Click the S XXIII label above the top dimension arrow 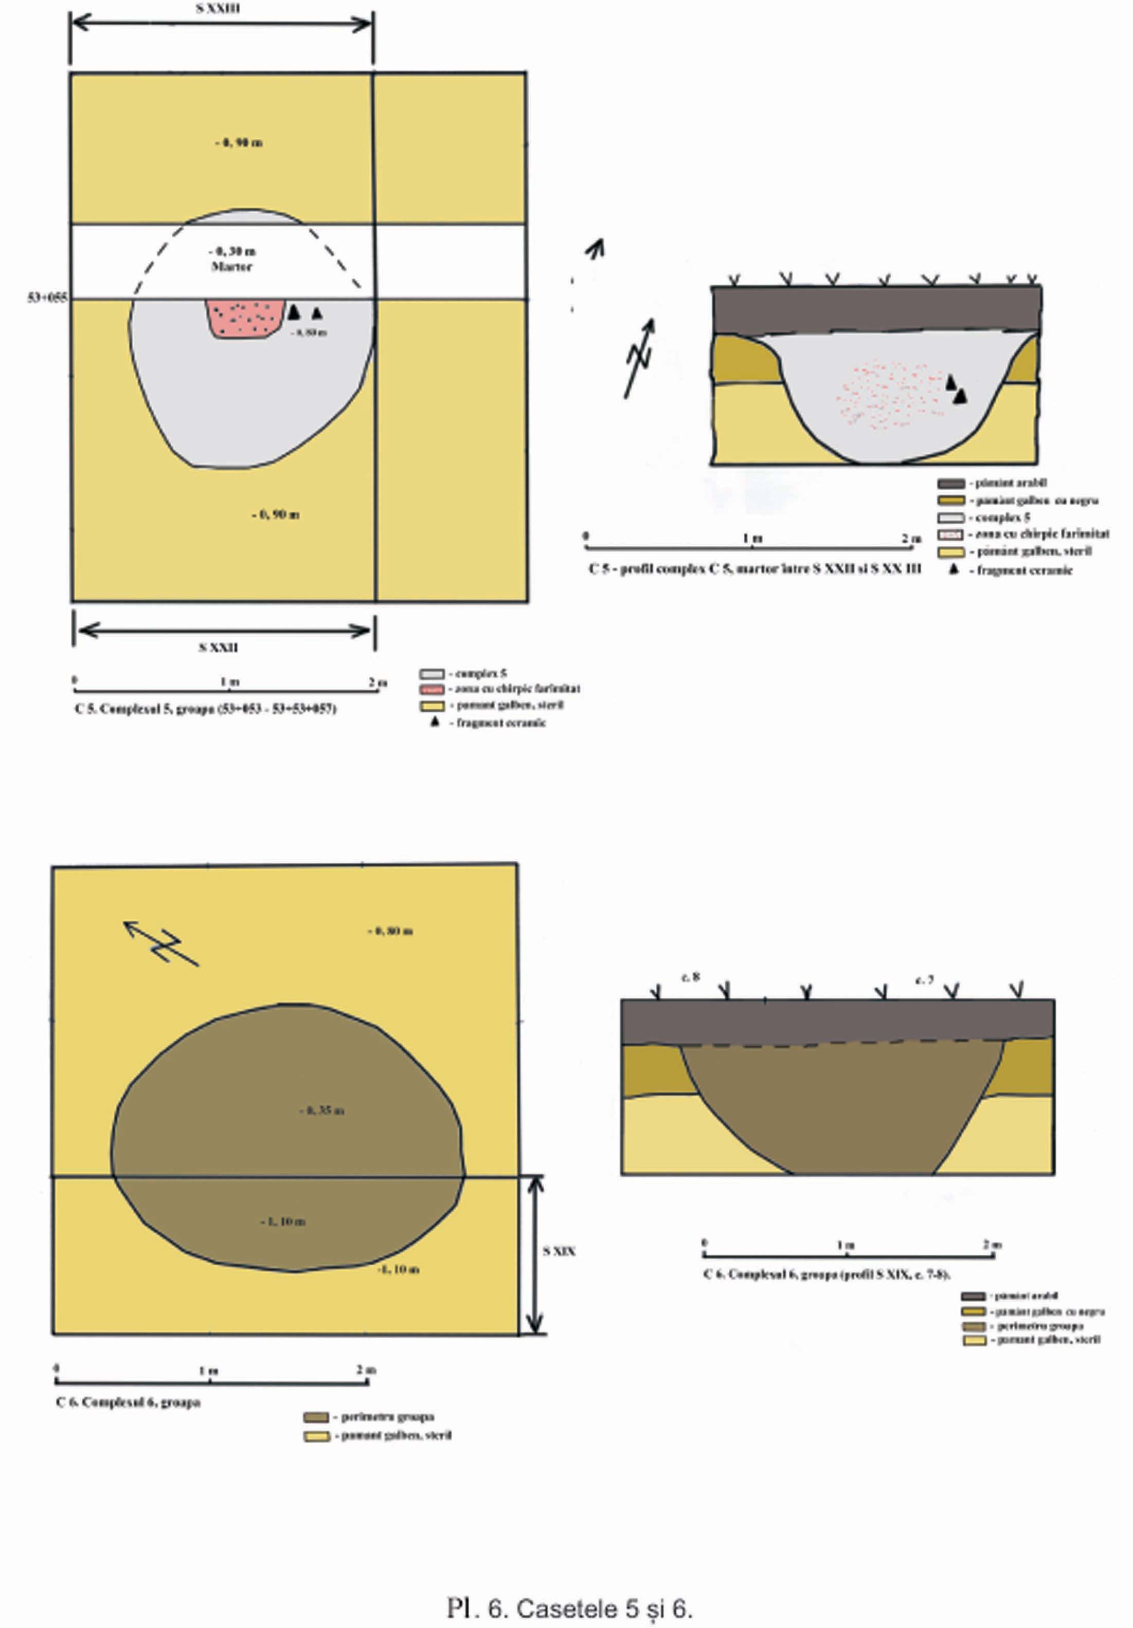pos(218,9)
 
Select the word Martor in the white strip pos(231,267)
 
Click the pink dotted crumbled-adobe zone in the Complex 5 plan pos(245,318)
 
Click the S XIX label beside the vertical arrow pos(559,1251)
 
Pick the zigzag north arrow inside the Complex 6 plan pos(162,943)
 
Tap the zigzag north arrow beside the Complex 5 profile pos(639,358)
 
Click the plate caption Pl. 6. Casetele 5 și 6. pos(569,1608)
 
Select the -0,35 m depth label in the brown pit pos(321,1111)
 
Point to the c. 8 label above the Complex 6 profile pos(690,977)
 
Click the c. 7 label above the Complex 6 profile pos(924,980)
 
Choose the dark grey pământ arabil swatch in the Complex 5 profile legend pos(950,484)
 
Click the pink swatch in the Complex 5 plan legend pos(431,689)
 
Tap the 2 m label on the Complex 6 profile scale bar pos(992,1245)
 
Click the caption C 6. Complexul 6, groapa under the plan pos(129,1402)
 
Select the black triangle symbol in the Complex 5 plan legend pos(435,722)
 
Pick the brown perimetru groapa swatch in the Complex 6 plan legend pos(316,1417)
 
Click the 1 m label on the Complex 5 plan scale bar pos(229,682)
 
